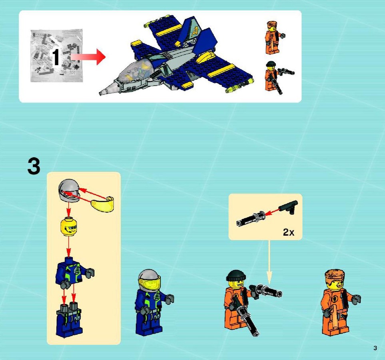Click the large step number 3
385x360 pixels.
click(x=34, y=166)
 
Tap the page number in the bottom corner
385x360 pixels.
click(x=375, y=348)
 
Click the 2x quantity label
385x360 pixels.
click(x=289, y=232)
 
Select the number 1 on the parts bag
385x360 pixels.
click(x=56, y=57)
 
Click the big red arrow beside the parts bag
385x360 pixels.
click(x=88, y=57)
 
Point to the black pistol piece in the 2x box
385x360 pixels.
click(x=289, y=207)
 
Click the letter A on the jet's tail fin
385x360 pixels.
click(x=195, y=31)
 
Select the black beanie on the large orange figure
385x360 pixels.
click(x=236, y=276)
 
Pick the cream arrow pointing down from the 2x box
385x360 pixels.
click(x=269, y=262)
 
